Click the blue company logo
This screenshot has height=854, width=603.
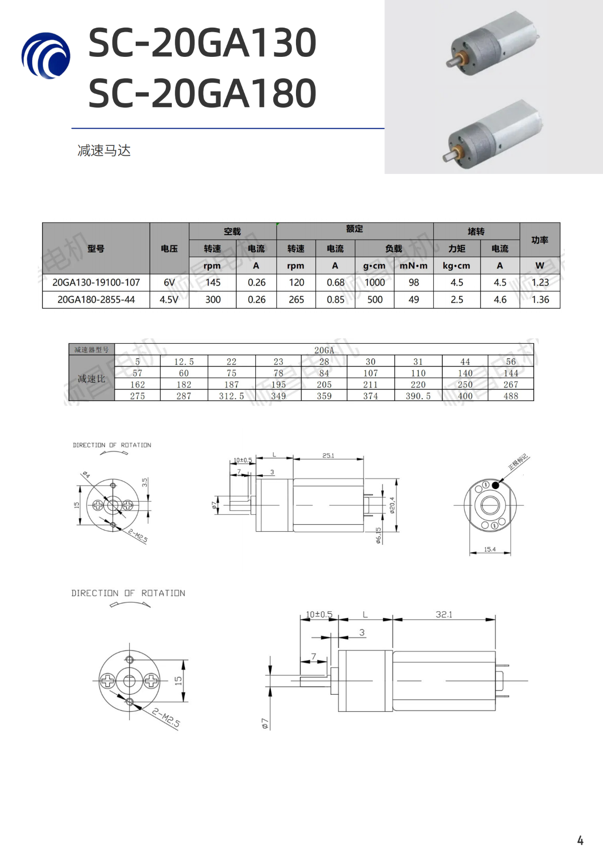(x=46, y=56)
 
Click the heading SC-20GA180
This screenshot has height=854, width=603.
(x=202, y=93)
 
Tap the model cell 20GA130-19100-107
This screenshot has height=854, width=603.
(x=96, y=282)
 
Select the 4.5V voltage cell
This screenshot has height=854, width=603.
(x=169, y=300)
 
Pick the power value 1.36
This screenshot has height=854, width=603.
(x=540, y=300)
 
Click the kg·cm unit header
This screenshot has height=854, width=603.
(x=456, y=265)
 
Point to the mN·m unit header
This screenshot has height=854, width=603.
(x=414, y=265)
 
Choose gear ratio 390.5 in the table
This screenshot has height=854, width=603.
(x=418, y=396)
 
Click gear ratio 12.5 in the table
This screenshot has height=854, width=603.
(x=184, y=362)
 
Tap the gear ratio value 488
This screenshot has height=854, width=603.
(x=511, y=396)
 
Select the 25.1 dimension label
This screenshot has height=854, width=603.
(x=328, y=455)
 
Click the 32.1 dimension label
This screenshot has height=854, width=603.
(x=444, y=614)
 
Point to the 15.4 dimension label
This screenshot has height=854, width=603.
(x=489, y=549)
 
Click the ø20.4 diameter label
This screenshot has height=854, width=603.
(x=392, y=505)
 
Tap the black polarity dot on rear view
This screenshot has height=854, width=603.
(x=495, y=485)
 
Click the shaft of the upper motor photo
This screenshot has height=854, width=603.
(x=452, y=62)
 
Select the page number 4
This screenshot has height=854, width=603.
(x=580, y=840)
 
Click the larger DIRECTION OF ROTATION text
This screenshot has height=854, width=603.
(x=128, y=593)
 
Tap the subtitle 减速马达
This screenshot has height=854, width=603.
(x=104, y=150)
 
